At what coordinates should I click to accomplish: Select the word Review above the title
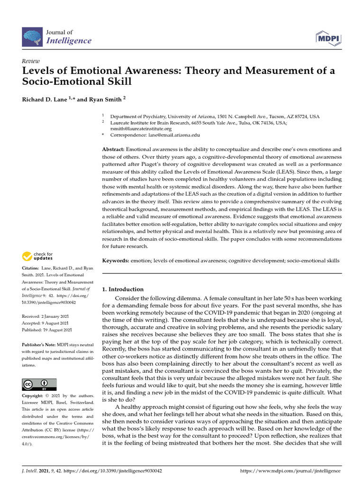[x=30, y=62]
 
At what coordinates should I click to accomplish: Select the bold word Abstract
[x=113, y=149]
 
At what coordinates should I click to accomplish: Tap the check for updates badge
[x=37, y=257]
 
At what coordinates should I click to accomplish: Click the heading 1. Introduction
[x=123, y=289]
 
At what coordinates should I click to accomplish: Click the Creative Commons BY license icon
[x=39, y=384]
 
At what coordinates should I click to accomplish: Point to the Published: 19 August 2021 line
[x=47, y=330]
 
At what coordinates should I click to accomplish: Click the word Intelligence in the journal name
[x=69, y=41]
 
